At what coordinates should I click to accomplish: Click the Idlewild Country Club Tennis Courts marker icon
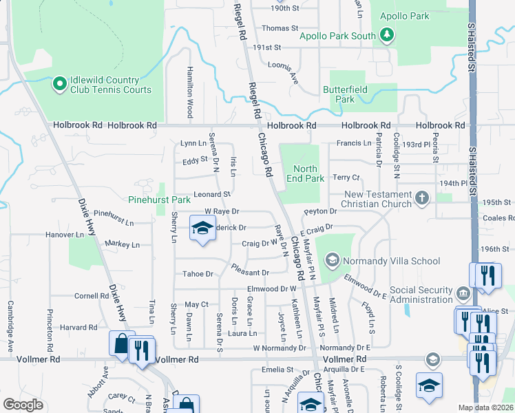click(59, 85)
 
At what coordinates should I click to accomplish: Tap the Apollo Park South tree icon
click(387, 34)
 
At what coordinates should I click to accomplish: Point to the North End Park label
click(305, 173)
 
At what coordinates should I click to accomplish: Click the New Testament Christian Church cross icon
click(423, 199)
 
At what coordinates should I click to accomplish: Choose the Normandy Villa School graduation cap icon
click(332, 260)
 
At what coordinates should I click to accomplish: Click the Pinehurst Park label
click(159, 200)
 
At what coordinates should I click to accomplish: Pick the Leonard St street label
click(211, 195)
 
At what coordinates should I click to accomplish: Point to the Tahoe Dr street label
click(198, 274)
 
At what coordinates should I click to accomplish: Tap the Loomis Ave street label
click(283, 70)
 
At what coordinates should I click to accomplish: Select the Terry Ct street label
click(346, 178)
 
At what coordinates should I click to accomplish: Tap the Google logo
click(23, 405)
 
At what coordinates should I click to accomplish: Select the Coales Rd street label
click(499, 218)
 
